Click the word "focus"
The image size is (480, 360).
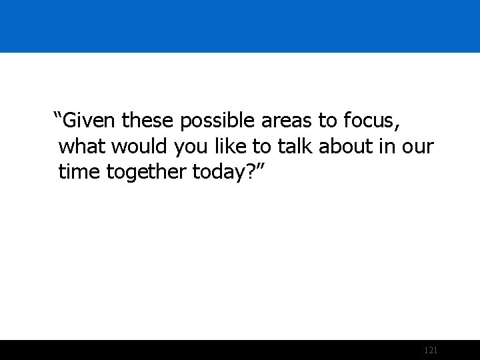368,121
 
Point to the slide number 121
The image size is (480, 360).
430,350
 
